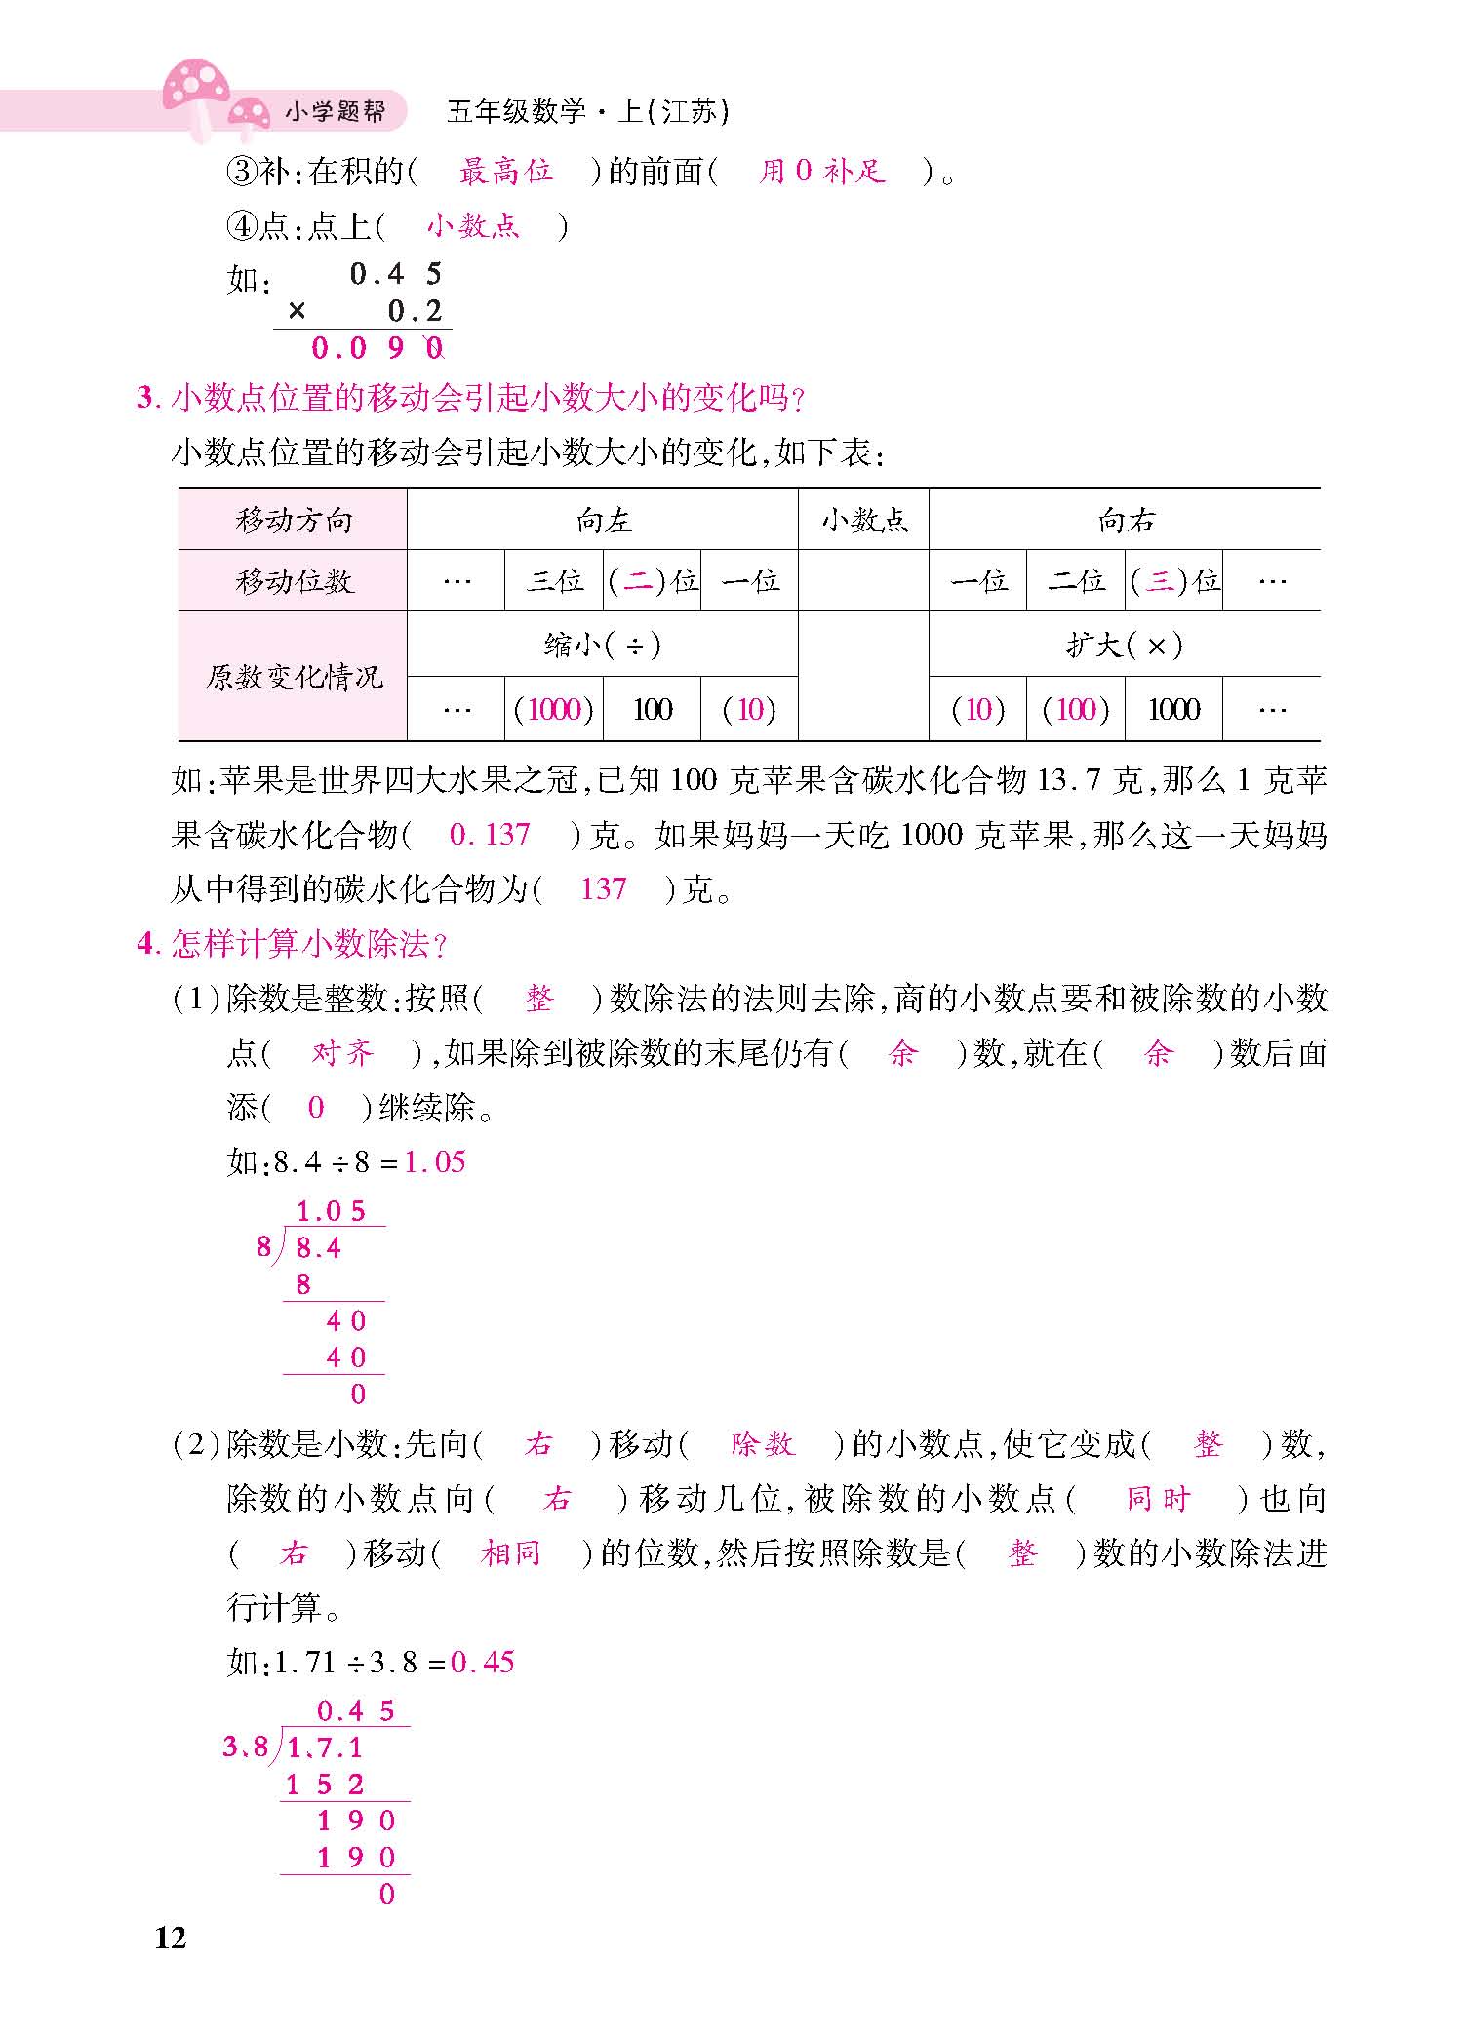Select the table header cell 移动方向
click(293, 520)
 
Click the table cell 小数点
click(863, 520)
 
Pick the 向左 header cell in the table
click(603, 520)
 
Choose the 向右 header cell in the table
click(1125, 520)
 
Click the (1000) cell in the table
click(554, 709)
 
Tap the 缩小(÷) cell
click(603, 645)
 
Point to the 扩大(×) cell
click(1125, 645)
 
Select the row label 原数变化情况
click(293, 677)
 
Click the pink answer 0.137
click(490, 835)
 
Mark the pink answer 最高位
click(505, 173)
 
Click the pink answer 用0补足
click(821, 173)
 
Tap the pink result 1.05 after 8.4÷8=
click(435, 1161)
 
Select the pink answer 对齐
click(342, 1053)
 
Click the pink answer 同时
click(1158, 1499)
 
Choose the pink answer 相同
click(510, 1553)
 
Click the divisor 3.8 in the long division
click(245, 1746)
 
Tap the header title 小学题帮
click(335, 112)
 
